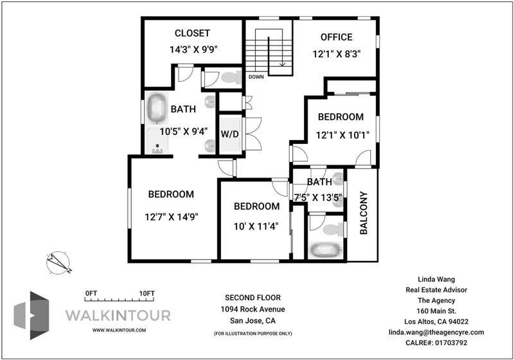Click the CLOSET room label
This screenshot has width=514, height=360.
[192, 33]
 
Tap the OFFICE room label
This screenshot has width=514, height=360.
[336, 37]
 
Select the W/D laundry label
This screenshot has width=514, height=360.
[229, 134]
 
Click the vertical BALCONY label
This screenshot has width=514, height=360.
[364, 213]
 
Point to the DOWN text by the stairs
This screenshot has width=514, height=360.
[256, 77]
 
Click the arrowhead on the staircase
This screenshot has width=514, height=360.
[282, 64]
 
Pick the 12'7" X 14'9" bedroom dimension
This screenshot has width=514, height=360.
[172, 217]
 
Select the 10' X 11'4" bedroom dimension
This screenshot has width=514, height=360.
[256, 226]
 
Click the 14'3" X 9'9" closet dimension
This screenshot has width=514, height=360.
[194, 50]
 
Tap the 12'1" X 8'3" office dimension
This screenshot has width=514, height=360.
[337, 54]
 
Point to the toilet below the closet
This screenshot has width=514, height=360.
[231, 78]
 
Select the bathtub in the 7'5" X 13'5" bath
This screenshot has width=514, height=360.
[325, 250]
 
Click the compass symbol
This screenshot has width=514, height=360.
[58, 262]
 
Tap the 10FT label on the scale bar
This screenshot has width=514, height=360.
[146, 293]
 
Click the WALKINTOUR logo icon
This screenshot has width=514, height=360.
[31, 315]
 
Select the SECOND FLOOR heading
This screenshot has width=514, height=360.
[253, 298]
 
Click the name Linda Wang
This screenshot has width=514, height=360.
[436, 280]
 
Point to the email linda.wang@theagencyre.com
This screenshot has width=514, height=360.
[436, 332]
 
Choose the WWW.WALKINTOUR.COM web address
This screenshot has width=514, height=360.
[119, 330]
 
